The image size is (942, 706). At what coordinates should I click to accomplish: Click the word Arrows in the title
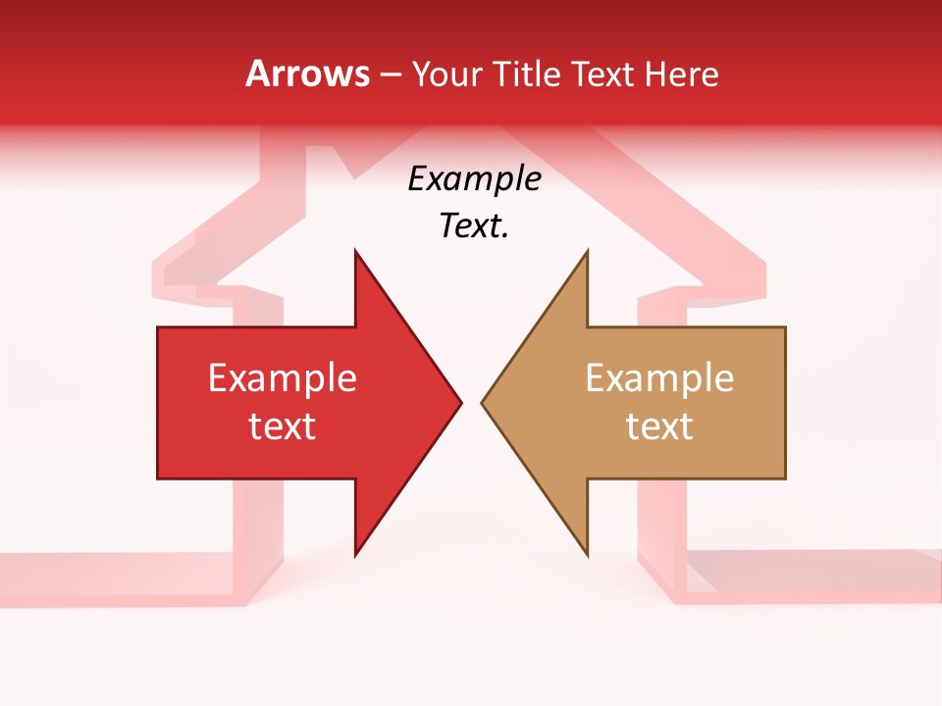[307, 75]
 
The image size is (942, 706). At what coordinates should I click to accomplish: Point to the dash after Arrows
[390, 76]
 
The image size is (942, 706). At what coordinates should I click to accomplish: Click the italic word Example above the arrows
[474, 179]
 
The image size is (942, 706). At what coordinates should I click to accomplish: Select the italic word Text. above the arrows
[474, 227]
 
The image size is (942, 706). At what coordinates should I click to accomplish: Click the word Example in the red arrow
[283, 378]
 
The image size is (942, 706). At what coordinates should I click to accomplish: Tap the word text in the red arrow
[283, 427]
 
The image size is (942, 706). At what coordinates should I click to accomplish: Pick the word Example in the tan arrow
[659, 378]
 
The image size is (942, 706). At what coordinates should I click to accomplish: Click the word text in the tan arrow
[659, 427]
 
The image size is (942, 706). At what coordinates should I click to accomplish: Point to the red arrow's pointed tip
[460, 402]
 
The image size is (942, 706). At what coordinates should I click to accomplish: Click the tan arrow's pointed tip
[483, 402]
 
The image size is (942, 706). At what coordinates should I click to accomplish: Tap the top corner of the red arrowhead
[355, 251]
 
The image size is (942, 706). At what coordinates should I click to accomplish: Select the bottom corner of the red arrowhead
[355, 554]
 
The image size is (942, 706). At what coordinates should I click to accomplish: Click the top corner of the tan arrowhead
[587, 251]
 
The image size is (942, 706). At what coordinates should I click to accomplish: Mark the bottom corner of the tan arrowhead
[587, 554]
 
